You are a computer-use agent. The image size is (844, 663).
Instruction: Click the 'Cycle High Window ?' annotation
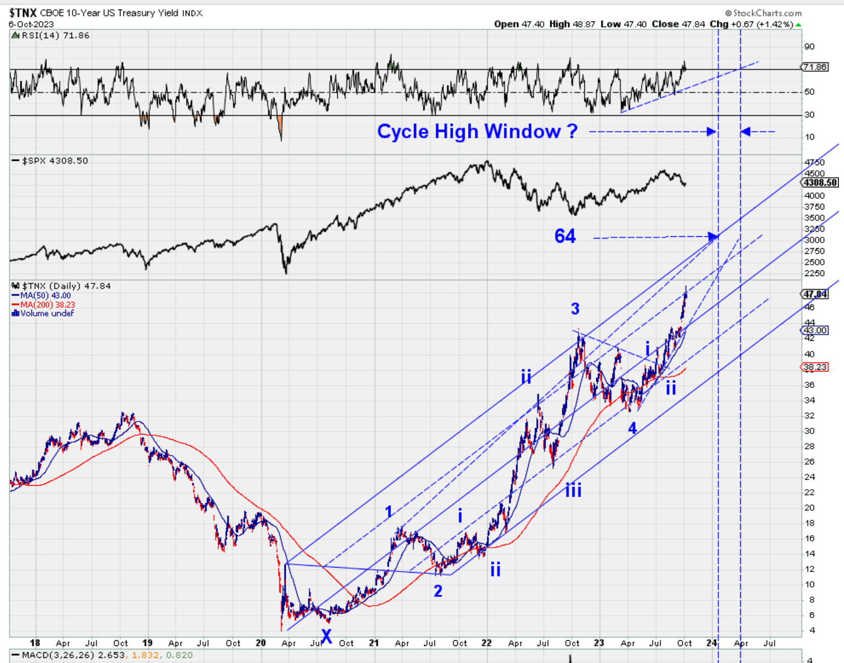477,132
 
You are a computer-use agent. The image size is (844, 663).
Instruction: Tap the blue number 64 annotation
565,236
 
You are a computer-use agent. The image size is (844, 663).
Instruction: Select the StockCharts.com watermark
764,13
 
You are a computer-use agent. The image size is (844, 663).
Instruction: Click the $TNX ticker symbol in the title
23,12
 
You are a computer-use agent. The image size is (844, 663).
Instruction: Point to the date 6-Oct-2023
31,24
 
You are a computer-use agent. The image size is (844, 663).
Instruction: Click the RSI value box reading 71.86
814,67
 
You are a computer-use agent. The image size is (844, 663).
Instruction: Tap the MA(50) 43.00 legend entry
43,295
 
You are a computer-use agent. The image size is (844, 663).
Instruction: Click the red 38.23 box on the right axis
815,367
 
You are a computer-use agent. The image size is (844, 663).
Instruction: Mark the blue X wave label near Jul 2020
327,636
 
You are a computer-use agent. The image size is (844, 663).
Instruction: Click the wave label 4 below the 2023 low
632,428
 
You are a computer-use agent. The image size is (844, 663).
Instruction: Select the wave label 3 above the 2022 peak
575,309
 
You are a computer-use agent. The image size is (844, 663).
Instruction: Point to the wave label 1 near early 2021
388,512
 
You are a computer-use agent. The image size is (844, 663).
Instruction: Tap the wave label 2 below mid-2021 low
438,591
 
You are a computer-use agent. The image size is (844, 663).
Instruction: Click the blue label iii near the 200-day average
574,490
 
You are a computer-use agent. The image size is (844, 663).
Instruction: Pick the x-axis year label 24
712,643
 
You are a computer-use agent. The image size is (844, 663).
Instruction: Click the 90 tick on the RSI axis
809,47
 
